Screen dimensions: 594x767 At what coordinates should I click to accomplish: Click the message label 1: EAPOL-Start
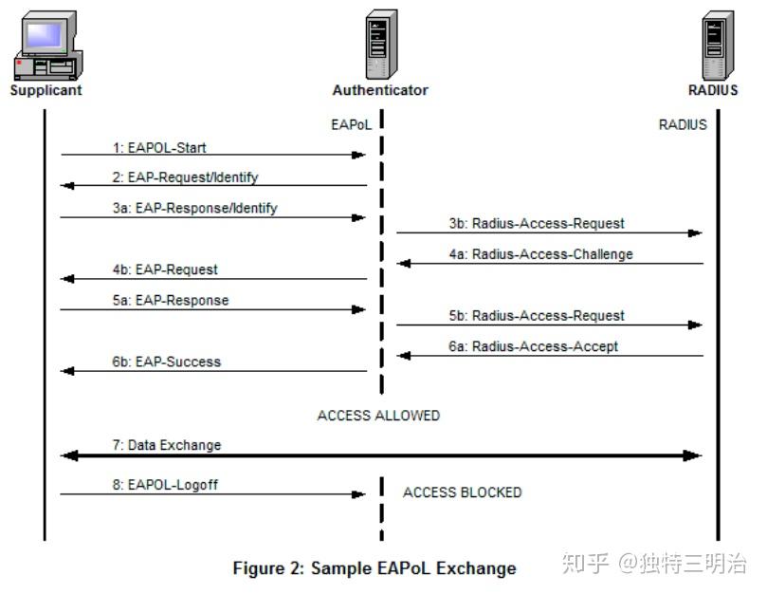click(159, 147)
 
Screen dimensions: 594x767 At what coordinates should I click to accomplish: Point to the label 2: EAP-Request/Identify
click(185, 177)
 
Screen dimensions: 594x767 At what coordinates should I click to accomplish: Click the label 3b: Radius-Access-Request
click(537, 224)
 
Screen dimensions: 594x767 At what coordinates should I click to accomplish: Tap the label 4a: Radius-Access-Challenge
click(540, 254)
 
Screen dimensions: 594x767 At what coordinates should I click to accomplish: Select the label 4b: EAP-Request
click(163, 269)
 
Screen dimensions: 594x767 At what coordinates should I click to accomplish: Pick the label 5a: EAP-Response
click(169, 300)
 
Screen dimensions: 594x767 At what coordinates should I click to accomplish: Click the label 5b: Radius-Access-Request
click(537, 315)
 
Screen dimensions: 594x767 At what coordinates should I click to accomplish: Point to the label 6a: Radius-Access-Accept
click(534, 346)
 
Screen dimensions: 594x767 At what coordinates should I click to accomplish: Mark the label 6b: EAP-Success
click(166, 362)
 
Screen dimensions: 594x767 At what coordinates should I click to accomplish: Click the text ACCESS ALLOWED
click(378, 416)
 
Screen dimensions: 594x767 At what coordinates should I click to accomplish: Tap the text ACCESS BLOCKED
click(462, 492)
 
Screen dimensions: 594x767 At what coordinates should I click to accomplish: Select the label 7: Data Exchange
click(167, 445)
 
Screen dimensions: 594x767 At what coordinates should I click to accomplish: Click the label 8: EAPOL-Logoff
click(165, 485)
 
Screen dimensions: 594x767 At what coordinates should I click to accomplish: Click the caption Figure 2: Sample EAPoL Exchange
click(374, 568)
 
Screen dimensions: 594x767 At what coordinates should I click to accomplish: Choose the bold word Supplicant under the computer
click(46, 91)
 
